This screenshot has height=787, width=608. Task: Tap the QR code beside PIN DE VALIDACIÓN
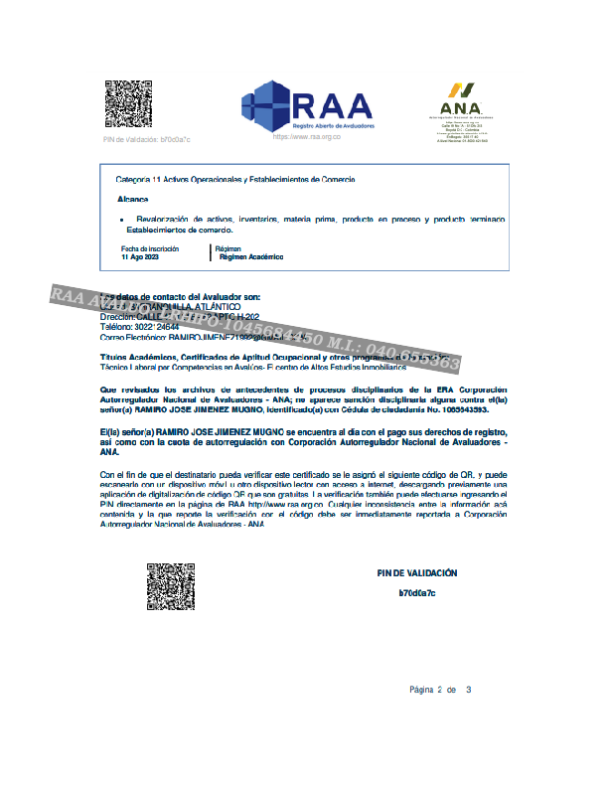pos(171,586)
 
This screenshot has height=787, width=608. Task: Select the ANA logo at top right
pos(461,98)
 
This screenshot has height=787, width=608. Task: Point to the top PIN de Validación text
pos(146,140)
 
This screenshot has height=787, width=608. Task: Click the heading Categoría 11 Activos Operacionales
pos(234,179)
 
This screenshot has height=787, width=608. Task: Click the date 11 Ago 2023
pos(139,256)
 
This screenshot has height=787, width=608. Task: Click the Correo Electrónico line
pos(199,338)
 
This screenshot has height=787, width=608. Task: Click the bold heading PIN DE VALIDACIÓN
pos(417,573)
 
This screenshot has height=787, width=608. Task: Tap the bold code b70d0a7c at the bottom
pos(417,592)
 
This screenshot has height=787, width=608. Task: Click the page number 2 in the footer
pos(438,690)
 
